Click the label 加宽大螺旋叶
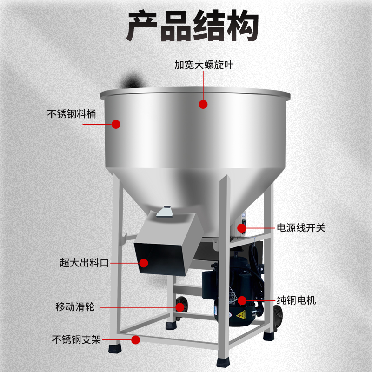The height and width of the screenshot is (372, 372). [x=203, y=66]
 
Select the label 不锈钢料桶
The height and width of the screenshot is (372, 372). [x=72, y=113]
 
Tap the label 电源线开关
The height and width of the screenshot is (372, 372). [x=301, y=228]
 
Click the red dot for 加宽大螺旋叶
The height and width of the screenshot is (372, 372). [x=203, y=104]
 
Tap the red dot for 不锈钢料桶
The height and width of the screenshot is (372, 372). [x=116, y=124]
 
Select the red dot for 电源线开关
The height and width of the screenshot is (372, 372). [x=242, y=228]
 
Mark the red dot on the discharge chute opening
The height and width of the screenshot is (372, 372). [x=144, y=263]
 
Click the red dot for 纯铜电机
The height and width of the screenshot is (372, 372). [x=242, y=300]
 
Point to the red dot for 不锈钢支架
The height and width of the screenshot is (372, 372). [x=135, y=340]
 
